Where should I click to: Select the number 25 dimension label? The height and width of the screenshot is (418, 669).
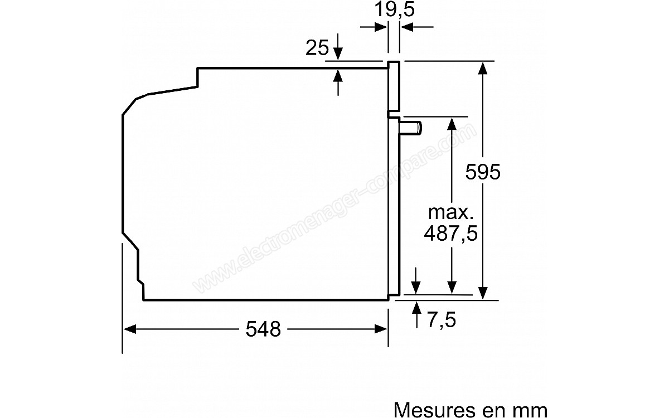click(317, 47)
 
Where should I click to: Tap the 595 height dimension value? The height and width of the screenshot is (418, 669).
click(483, 172)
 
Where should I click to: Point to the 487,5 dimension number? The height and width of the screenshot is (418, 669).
click(450, 233)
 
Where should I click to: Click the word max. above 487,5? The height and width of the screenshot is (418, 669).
click(450, 212)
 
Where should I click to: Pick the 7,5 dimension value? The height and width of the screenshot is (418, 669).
click(442, 320)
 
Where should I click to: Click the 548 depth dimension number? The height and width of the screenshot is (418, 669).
click(263, 329)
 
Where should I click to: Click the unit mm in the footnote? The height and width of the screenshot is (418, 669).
click(531, 411)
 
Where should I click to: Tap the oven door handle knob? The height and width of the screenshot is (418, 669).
click(411, 128)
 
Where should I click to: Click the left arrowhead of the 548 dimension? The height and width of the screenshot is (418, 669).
click(129, 329)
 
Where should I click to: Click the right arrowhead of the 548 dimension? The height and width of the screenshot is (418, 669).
click(381, 329)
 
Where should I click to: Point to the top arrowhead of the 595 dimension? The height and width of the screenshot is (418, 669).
click(483, 68)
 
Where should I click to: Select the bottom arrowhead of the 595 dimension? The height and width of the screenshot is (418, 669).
click(483, 293)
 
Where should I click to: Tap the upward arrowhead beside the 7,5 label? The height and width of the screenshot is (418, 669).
click(416, 308)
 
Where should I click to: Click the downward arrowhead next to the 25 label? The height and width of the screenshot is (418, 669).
click(338, 54)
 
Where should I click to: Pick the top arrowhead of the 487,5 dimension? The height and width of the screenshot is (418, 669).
click(452, 124)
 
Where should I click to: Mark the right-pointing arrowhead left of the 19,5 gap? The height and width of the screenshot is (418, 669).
click(381, 27)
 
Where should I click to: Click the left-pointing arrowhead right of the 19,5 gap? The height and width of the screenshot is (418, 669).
click(407, 27)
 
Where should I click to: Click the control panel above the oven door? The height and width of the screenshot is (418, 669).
click(394, 86)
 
